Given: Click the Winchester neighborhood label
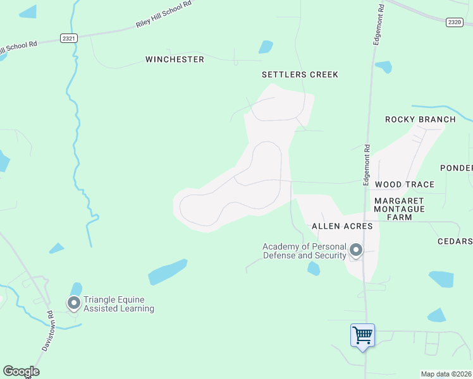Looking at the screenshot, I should pyautogui.click(x=175, y=59).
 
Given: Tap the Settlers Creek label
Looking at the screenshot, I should pyautogui.click(x=300, y=75).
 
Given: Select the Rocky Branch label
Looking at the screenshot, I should pyautogui.click(x=421, y=119).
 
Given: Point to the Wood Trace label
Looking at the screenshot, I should pyautogui.click(x=405, y=184).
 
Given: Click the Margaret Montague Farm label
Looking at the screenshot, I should pyautogui.click(x=399, y=208).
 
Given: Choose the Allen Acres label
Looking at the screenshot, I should pyautogui.click(x=342, y=226).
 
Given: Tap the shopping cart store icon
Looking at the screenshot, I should pyautogui.click(x=362, y=335).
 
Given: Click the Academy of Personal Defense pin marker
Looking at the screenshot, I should pyautogui.click(x=356, y=251).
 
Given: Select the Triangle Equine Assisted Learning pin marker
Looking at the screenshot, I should pyautogui.click(x=74, y=304).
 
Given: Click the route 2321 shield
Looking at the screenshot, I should pyautogui.click(x=69, y=39).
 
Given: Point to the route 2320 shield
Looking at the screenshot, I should pyautogui.click(x=454, y=22).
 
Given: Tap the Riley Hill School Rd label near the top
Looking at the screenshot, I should pyautogui.click(x=163, y=15).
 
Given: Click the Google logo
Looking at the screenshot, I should pyautogui.click(x=21, y=371).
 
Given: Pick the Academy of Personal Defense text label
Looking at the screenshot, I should pyautogui.click(x=305, y=251).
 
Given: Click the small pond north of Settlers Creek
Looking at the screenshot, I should pyautogui.click(x=266, y=47).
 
